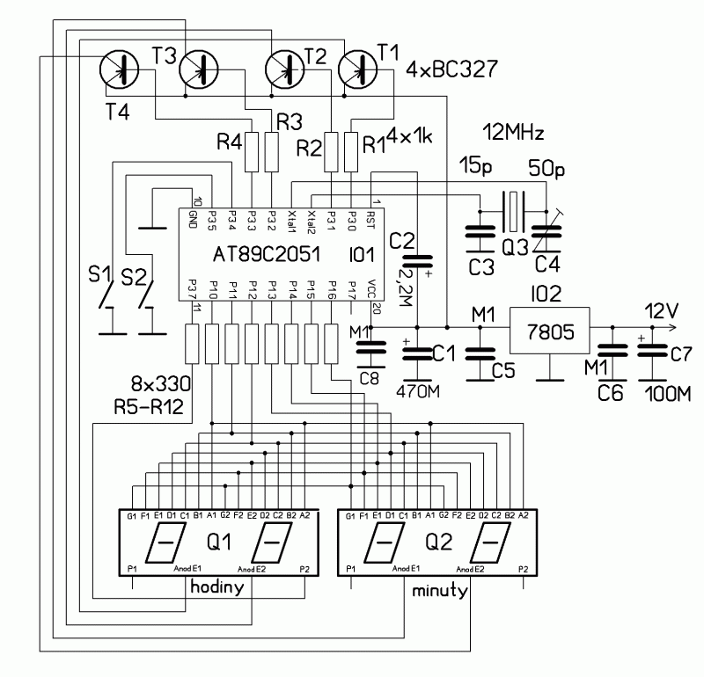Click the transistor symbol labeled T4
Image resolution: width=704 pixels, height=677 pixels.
[x=119, y=69]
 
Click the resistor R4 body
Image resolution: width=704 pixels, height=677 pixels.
[x=252, y=151]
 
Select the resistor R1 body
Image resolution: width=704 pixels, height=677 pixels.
[x=352, y=151]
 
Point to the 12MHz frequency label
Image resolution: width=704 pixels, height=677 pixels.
[x=515, y=135]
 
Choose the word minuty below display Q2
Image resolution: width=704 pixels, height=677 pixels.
[x=437, y=592]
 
